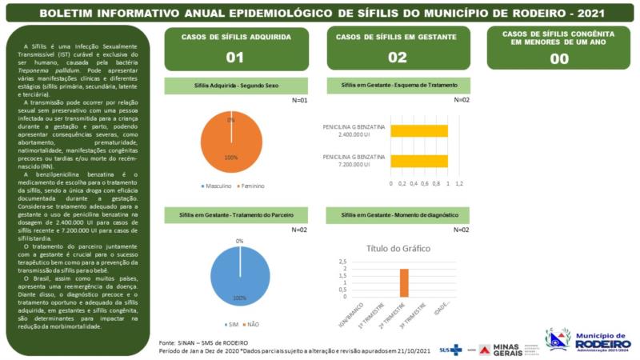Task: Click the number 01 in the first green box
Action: tap(234, 58)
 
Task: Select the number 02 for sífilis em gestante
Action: tap(397, 58)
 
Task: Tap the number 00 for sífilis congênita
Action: tap(559, 58)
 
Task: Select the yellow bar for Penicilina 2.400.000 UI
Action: tap(418, 130)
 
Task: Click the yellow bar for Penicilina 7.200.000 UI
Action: tap(418, 160)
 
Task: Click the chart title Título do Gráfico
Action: tap(398, 248)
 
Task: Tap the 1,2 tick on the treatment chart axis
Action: tap(459, 182)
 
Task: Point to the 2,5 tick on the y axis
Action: tap(342, 262)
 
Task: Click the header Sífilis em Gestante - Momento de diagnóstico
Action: tap(398, 215)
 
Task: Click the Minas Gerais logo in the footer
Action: tap(506, 350)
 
